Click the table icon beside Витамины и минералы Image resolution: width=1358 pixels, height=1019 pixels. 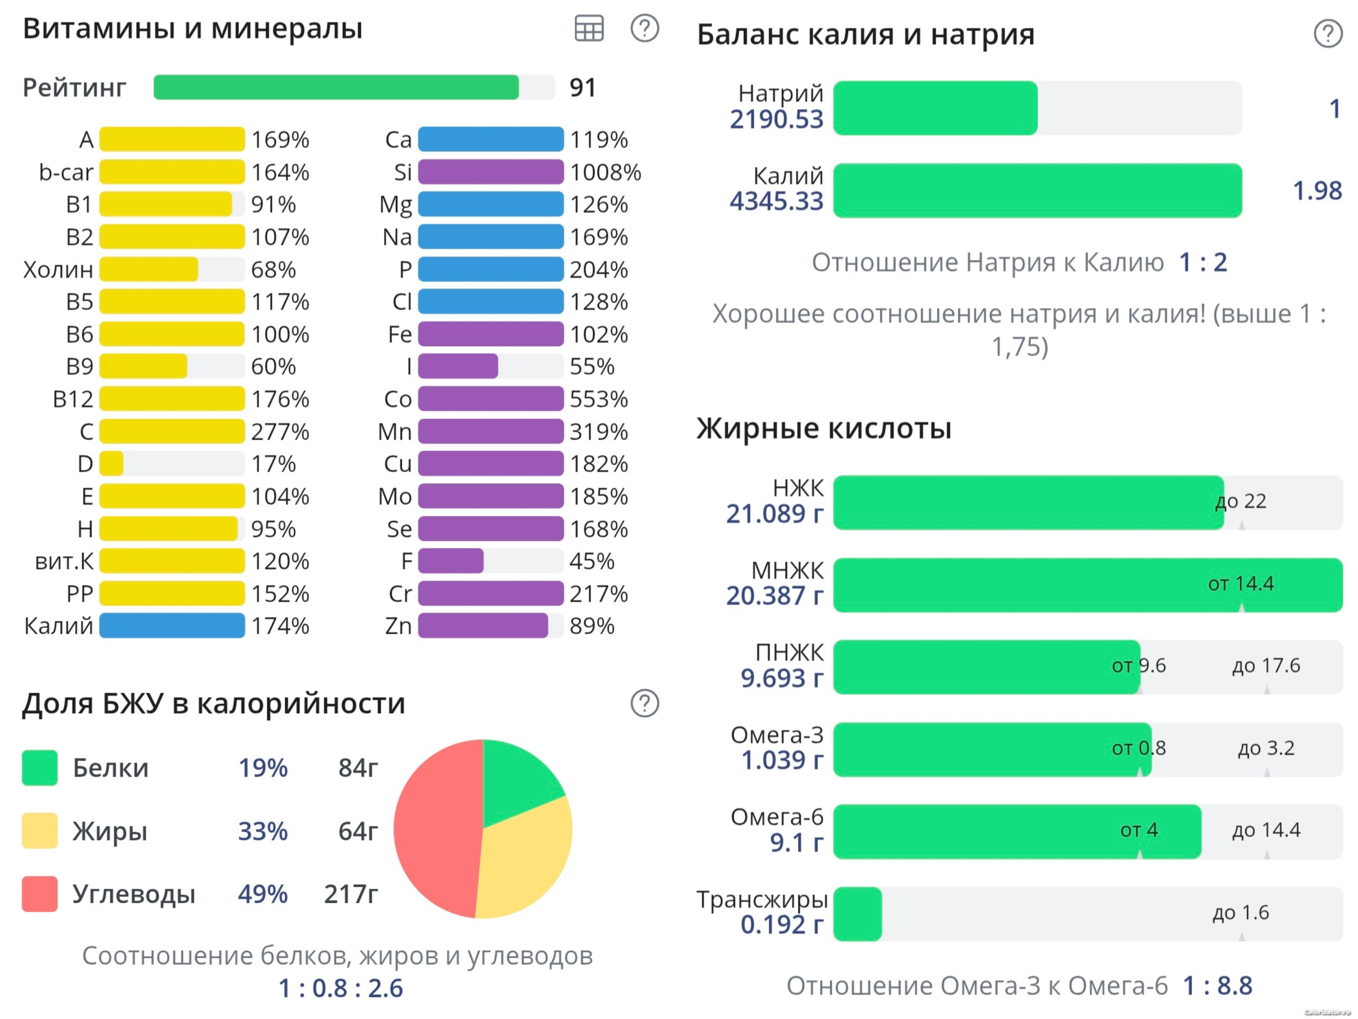589,28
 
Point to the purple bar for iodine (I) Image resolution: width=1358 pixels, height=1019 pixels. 458,367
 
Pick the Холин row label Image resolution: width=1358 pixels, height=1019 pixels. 58,270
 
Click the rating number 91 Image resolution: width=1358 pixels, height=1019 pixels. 582,88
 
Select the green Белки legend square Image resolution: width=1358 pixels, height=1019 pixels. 40,768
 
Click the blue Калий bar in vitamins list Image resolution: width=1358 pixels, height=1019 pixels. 172,626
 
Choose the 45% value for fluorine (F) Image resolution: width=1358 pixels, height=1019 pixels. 592,561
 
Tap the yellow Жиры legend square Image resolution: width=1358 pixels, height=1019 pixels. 40,831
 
